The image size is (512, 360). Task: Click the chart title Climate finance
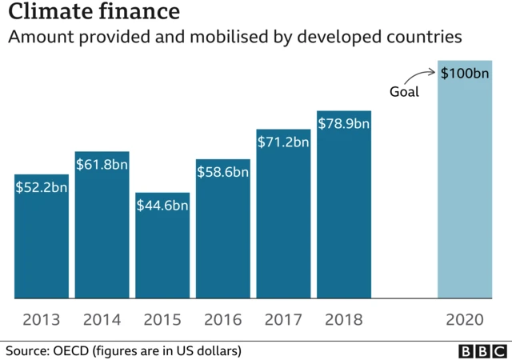point(94,14)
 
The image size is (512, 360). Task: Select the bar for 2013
point(42,240)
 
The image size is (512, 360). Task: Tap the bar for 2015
point(162,252)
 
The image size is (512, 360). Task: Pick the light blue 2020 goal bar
point(465,184)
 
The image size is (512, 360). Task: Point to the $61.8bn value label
point(102,164)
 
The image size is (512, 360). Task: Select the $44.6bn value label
point(162,206)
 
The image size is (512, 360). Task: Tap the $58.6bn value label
point(223,172)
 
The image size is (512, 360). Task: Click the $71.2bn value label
point(283,142)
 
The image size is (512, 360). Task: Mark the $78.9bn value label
point(344,123)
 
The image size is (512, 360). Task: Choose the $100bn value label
point(465,73)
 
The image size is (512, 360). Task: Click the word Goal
point(404,91)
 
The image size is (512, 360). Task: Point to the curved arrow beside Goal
point(425,77)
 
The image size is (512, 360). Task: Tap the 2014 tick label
point(102,320)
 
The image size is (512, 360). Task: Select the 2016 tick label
point(223,320)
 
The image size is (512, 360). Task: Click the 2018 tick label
point(344,320)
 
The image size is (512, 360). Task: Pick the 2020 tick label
point(465,320)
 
